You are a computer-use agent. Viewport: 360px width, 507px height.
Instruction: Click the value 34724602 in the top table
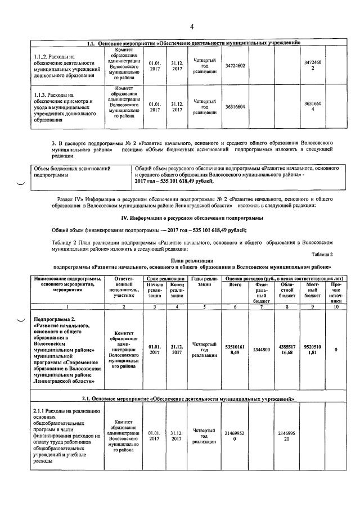click(x=235, y=66)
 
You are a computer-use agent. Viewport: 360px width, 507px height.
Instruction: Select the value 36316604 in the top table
click(x=235, y=104)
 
